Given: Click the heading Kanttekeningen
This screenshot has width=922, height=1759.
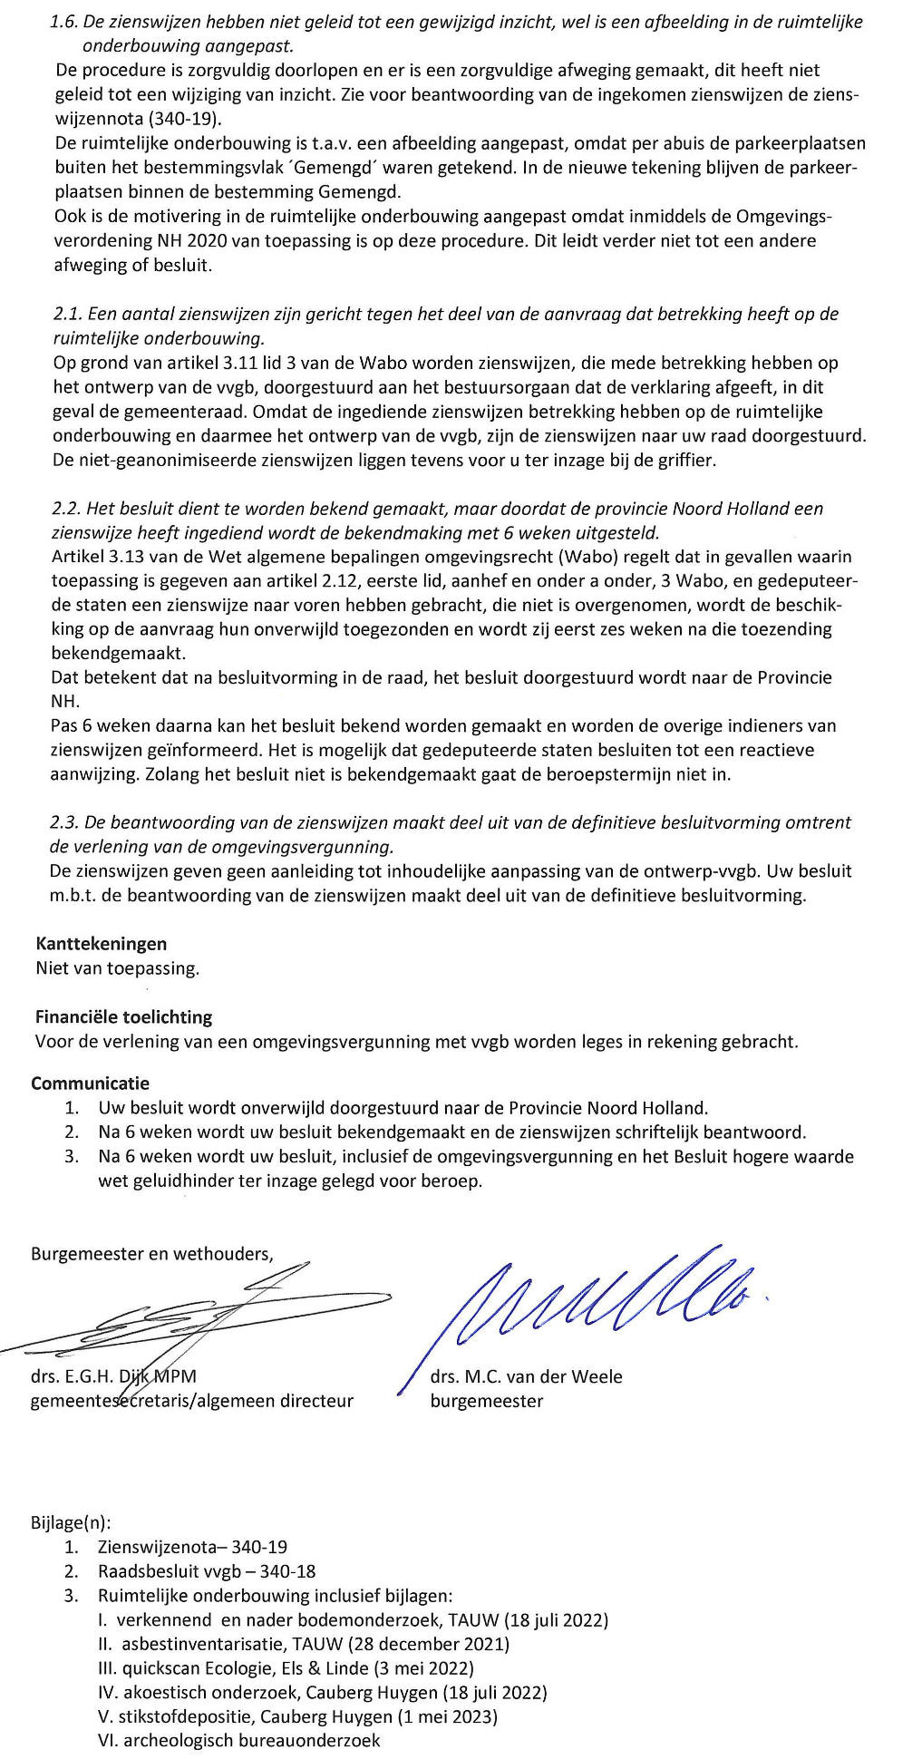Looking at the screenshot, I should (101, 944).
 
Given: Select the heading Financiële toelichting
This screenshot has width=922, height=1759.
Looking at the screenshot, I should (123, 1016).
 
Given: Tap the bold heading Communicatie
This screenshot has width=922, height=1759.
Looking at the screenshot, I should (90, 1083).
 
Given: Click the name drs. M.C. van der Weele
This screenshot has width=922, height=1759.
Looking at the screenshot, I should (526, 1376).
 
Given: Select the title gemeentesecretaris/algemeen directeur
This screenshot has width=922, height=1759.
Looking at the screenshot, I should (191, 1401).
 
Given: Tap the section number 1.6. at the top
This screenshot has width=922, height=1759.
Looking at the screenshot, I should (66, 22).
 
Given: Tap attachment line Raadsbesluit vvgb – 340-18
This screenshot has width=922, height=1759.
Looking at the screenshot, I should (207, 1571).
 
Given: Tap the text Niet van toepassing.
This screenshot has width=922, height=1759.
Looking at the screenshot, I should (117, 968).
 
